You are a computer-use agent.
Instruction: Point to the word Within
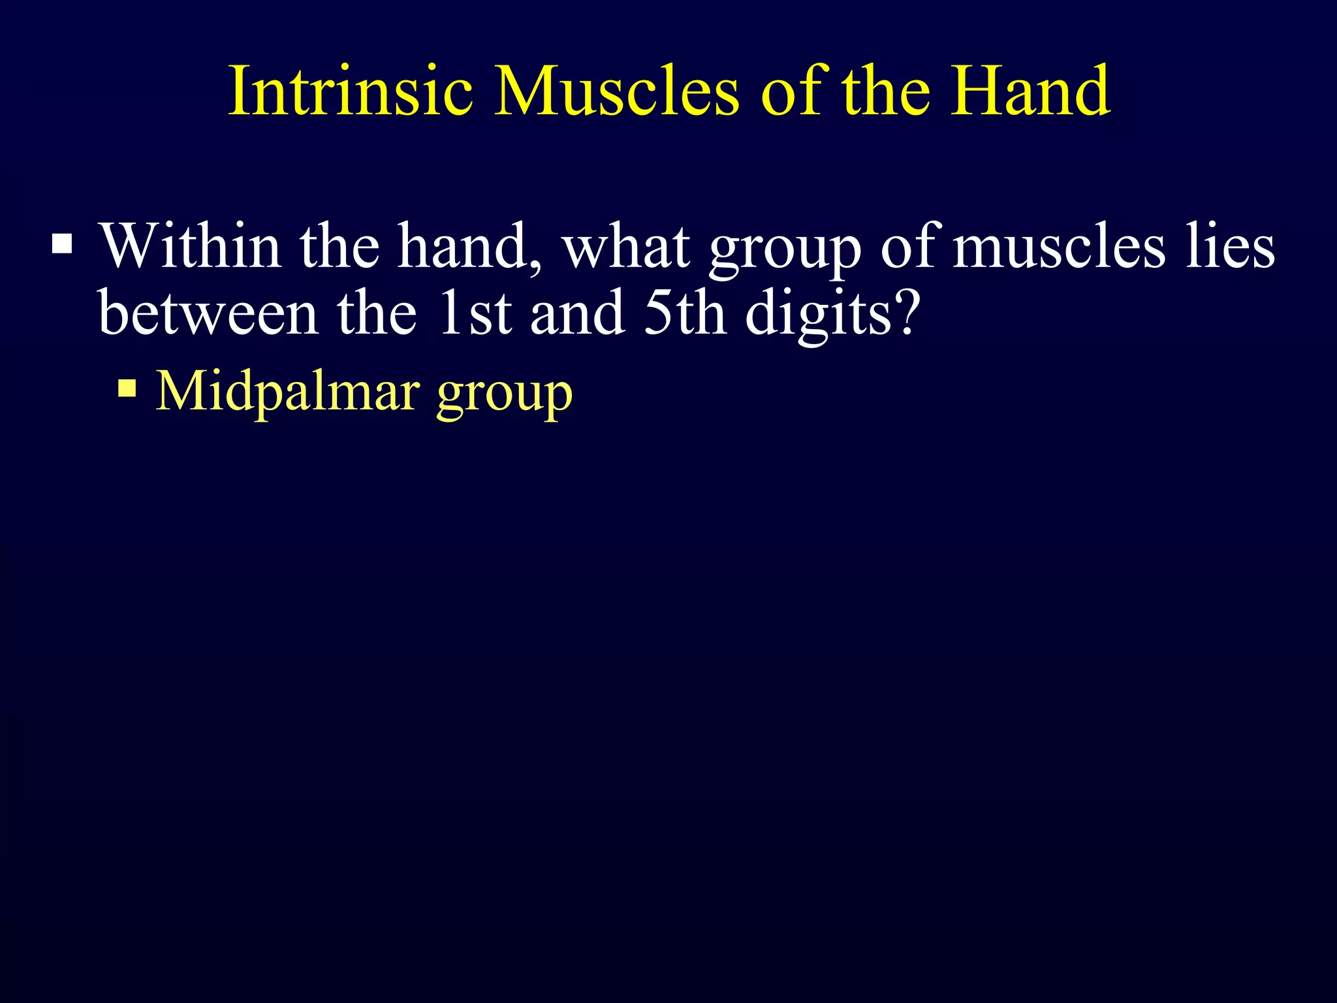(x=190, y=246)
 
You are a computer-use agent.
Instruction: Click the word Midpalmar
(x=288, y=392)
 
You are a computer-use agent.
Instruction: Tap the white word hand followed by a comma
(x=464, y=246)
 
